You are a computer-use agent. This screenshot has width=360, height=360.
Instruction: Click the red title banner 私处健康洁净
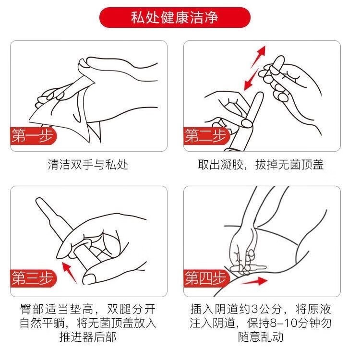point(175,17)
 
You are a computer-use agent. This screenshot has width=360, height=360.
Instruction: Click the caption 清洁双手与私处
point(88,165)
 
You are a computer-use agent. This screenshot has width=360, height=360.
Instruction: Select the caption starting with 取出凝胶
point(261,165)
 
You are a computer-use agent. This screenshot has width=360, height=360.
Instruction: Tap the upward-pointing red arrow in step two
point(259,56)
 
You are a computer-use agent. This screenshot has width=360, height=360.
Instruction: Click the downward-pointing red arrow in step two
point(251,79)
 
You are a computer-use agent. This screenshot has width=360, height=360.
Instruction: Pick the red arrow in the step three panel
point(69,273)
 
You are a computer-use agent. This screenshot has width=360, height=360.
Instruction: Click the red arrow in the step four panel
point(254,281)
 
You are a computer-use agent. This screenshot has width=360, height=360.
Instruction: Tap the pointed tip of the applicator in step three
point(38,199)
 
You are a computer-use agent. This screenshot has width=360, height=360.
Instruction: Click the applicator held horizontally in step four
point(248,268)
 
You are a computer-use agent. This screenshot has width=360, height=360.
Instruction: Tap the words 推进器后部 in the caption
point(88,337)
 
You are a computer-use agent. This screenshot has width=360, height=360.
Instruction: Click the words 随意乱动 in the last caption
point(261,337)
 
